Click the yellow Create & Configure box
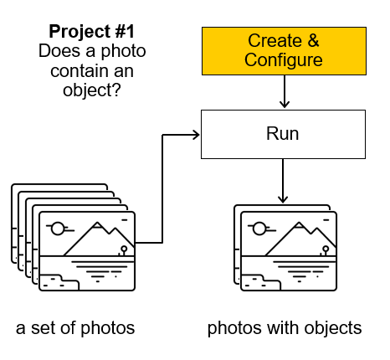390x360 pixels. (284, 51)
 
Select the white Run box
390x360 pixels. (283, 134)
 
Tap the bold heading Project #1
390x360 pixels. (92, 31)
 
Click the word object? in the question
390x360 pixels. (92, 90)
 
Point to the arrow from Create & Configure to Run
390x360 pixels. (285, 91)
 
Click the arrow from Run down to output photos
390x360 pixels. (283, 181)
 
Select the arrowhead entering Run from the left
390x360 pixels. (197, 135)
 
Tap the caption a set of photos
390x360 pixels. (75, 328)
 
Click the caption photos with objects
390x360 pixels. (285, 328)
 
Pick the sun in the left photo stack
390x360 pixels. (58, 229)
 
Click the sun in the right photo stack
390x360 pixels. (259, 229)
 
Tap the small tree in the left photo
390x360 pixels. (123, 250)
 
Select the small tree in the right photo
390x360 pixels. (325, 250)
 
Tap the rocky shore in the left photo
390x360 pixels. (59, 282)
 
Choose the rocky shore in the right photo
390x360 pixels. (261, 282)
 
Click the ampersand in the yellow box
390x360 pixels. (313, 40)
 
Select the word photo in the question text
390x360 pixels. (123, 52)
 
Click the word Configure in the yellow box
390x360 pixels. (284, 60)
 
